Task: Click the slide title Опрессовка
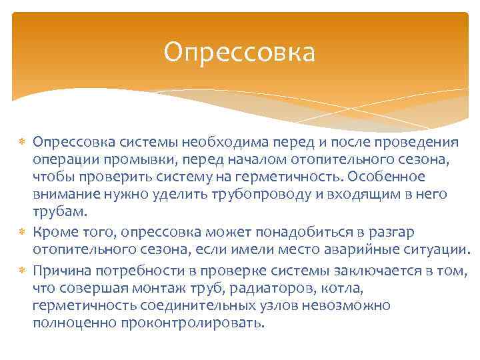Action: point(239,53)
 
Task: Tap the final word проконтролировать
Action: point(193,323)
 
